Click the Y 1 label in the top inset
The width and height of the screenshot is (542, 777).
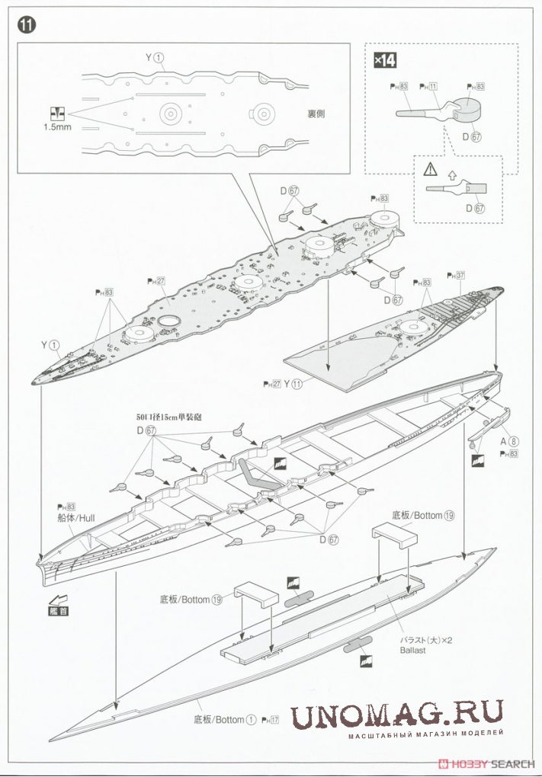tap(154, 57)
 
